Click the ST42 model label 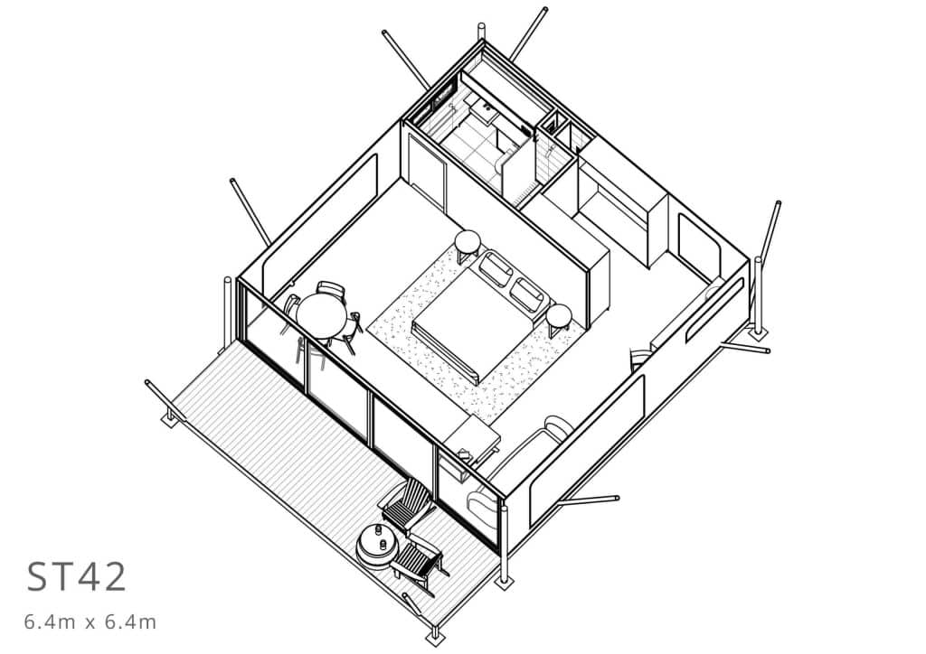[76, 576]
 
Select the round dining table [321, 315]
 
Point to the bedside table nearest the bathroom [468, 240]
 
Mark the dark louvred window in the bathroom [435, 103]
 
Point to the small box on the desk [465, 454]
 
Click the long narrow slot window [714, 309]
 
